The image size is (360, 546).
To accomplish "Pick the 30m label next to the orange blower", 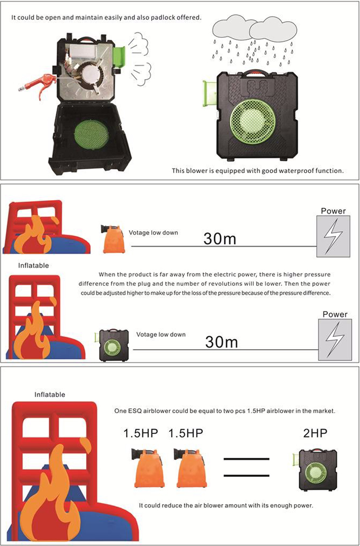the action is [220, 238].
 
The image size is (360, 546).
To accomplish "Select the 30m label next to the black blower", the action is [222, 342].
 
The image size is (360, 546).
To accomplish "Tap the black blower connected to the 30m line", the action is [113, 345].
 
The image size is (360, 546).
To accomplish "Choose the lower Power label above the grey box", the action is [335, 314].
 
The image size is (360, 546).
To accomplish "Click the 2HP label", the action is [315, 433].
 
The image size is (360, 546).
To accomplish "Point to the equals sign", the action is [246, 467].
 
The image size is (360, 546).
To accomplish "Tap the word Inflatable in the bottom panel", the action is [50, 394].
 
